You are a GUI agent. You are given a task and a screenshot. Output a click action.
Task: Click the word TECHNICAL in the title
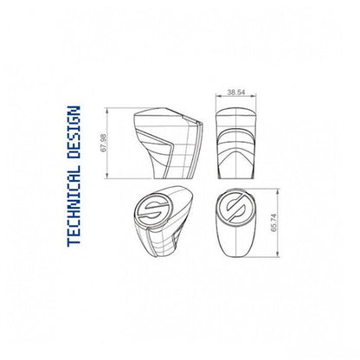74,208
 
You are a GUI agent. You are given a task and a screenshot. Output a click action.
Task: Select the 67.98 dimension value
105,142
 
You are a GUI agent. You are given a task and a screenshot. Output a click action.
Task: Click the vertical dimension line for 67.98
110,143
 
